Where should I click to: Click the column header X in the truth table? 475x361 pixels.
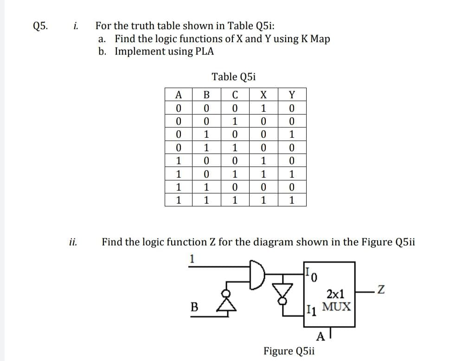pos(263,95)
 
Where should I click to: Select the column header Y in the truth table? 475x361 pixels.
pos(291,95)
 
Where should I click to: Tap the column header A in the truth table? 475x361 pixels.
pos(179,95)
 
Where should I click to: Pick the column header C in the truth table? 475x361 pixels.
pos(235,95)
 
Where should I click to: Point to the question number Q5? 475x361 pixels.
pos(41,26)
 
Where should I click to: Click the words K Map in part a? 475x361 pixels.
pos(315,39)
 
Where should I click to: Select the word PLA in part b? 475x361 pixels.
pos(205,51)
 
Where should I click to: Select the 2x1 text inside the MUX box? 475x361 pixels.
pos(335,294)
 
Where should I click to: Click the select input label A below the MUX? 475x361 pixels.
pos(320,335)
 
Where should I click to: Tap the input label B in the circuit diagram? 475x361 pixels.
pos(194,306)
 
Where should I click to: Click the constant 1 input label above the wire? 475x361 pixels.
pos(192,258)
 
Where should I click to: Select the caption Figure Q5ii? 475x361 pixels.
pos(289,350)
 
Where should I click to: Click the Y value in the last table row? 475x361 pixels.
pos(291,201)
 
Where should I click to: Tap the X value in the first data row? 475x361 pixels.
pos(263,109)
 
